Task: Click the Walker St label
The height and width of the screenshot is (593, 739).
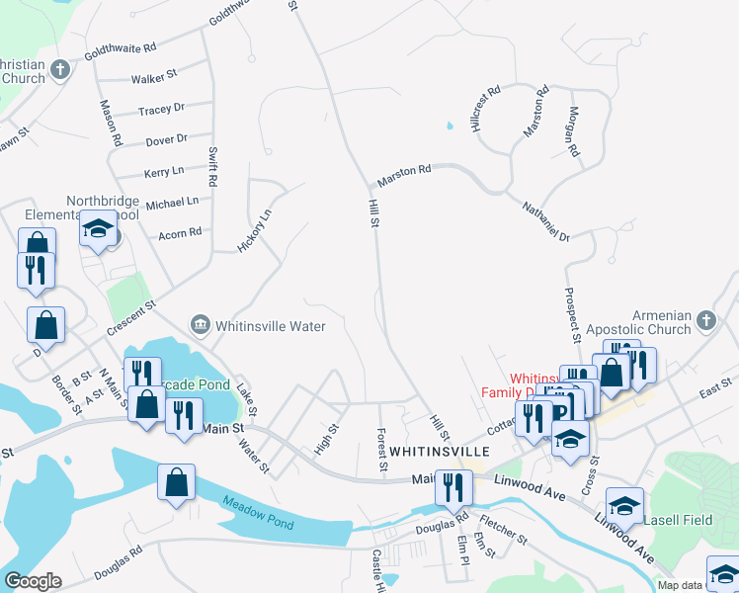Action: click(x=153, y=74)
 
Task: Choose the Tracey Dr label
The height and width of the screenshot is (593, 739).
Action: click(x=161, y=110)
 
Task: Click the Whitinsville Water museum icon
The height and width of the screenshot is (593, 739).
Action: click(x=200, y=324)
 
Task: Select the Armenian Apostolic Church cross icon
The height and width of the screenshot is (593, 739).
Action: click(x=704, y=319)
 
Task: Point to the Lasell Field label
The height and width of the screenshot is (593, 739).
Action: click(x=678, y=519)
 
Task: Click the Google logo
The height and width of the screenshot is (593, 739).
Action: click(x=33, y=581)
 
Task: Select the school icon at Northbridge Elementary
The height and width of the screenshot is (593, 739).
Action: click(x=98, y=229)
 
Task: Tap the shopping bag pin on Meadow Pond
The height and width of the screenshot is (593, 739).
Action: click(x=177, y=482)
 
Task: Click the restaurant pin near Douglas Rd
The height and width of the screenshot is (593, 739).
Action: click(x=453, y=486)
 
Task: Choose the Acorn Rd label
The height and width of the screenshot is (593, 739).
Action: click(x=180, y=233)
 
